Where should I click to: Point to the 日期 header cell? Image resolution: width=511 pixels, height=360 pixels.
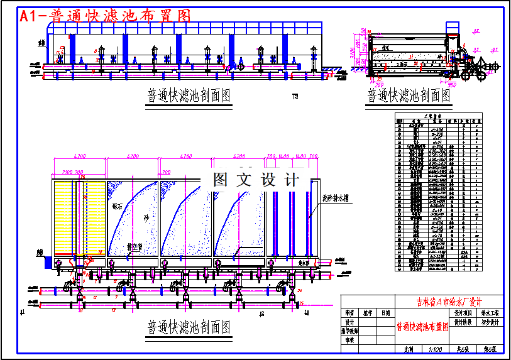[385, 312]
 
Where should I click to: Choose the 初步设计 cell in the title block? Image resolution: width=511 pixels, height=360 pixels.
[490, 322]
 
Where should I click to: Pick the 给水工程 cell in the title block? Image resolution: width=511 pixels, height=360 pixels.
[490, 312]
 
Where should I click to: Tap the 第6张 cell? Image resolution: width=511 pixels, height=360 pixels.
[490, 349]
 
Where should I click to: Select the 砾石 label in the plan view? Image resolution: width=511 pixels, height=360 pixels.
[119, 205]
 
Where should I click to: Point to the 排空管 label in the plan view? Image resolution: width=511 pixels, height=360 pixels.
[135, 247]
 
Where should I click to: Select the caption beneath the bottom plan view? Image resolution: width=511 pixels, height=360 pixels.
[189, 327]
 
